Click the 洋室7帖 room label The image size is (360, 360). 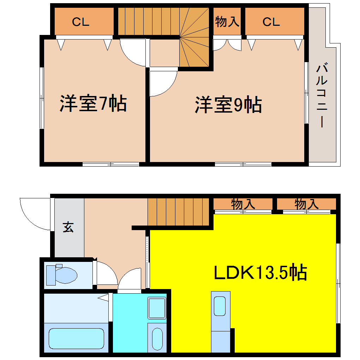pyautogui.click(x=93, y=103)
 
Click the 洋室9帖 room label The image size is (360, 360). pyautogui.click(x=228, y=104)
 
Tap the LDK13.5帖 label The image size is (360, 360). pyautogui.click(x=260, y=272)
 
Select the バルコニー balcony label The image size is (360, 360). pyautogui.click(x=322, y=95)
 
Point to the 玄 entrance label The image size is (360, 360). pyautogui.click(x=68, y=227)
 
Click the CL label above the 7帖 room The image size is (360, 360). pyautogui.click(x=81, y=22)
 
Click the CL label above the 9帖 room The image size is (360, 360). pyautogui.click(x=271, y=22)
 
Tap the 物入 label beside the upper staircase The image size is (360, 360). pyautogui.click(x=227, y=22)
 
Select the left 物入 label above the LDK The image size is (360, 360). pyautogui.click(x=243, y=204)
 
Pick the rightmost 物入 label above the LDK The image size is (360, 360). pyautogui.click(x=306, y=204)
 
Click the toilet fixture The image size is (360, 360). pyautogui.click(x=62, y=274)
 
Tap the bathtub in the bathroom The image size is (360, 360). pyautogui.click(x=76, y=338)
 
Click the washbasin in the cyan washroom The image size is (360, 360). pyautogui.click(x=157, y=339)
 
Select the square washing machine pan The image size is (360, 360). pyautogui.click(x=157, y=308)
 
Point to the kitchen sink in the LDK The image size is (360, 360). pyautogui.click(x=220, y=306)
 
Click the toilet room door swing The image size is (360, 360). pyautogui.click(x=106, y=274)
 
